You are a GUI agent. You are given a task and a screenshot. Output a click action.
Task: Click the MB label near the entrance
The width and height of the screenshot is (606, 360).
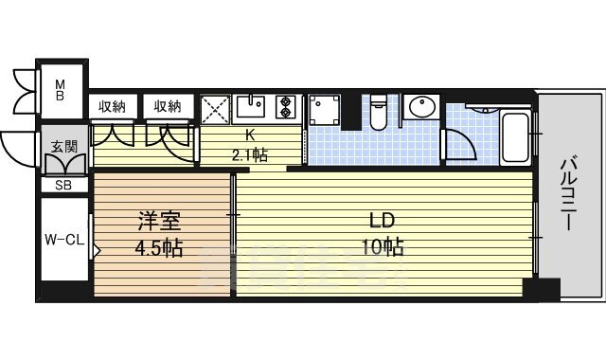click(x=59, y=88)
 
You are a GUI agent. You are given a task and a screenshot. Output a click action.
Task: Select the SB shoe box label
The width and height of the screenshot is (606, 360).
click(x=63, y=185)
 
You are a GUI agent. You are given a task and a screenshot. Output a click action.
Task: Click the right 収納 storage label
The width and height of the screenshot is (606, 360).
click(x=169, y=106)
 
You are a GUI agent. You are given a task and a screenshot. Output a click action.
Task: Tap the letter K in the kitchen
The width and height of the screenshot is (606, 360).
click(x=250, y=134)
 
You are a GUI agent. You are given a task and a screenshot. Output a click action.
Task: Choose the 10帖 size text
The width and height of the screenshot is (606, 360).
click(x=383, y=248)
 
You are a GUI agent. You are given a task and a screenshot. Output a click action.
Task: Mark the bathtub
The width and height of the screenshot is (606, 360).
click(x=517, y=137)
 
